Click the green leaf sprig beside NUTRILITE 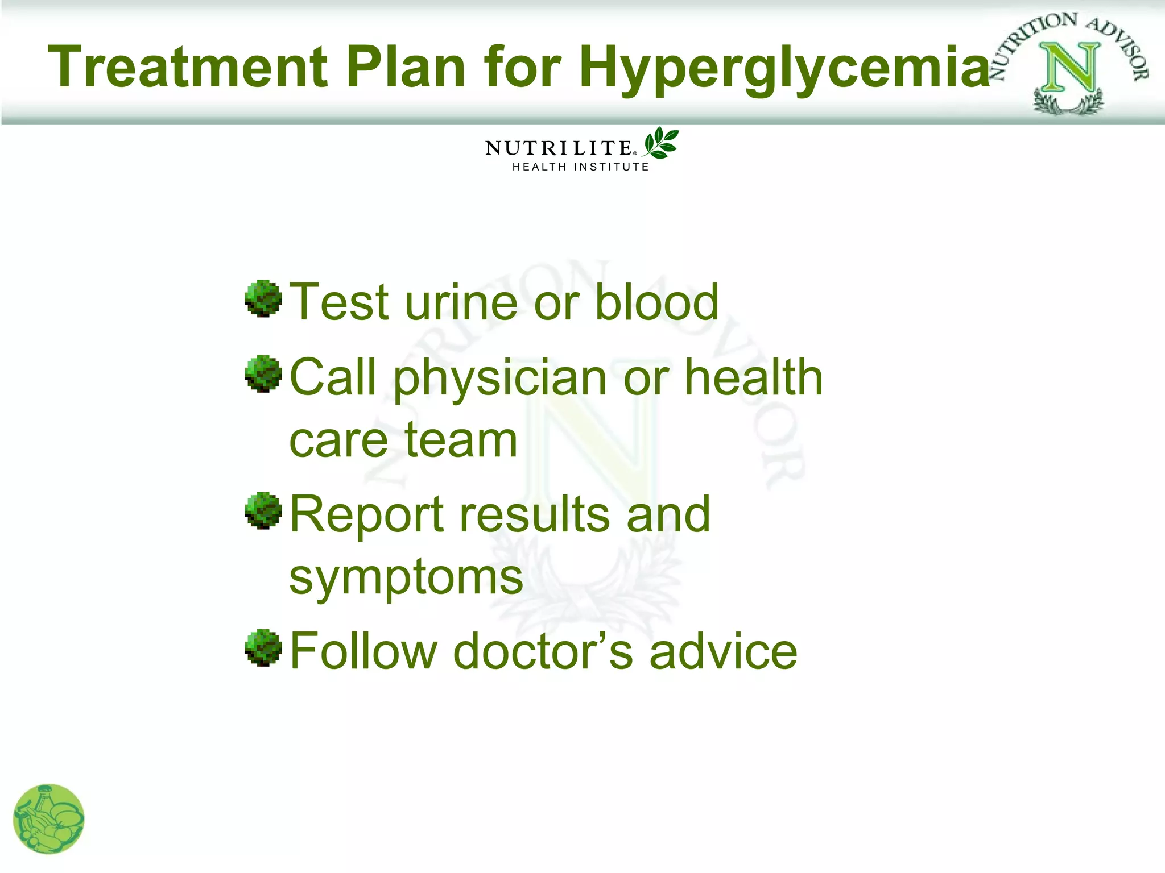pos(661,143)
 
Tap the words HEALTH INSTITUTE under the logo pos(581,167)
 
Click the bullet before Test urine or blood pos(263,298)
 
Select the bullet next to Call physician pos(263,374)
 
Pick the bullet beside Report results pos(263,510)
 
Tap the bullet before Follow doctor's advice pos(263,647)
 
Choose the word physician pos(500,380)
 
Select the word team pos(460,440)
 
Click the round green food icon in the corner pos(49,818)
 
